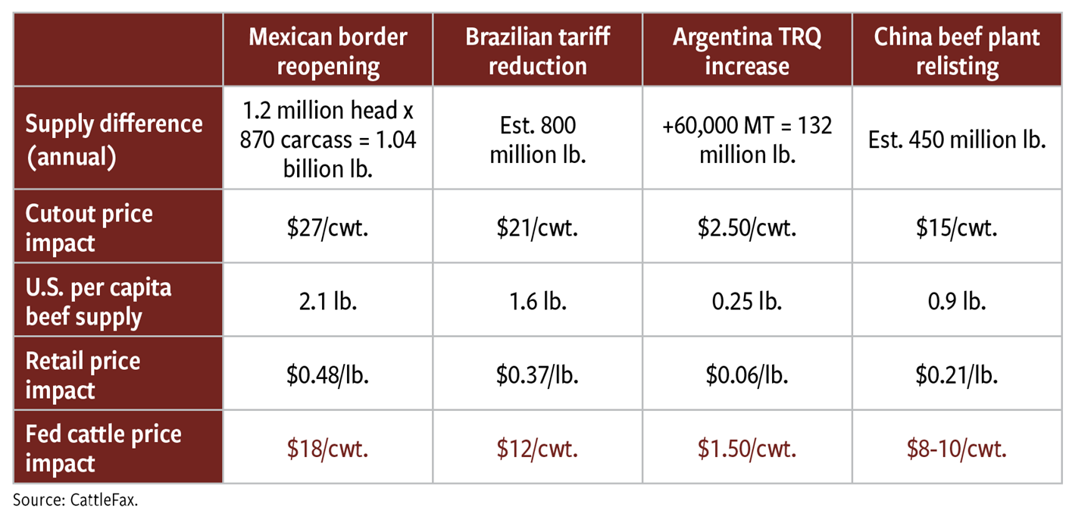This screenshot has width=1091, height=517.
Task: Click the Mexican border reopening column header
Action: coord(328,51)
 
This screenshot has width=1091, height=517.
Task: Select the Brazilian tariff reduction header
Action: coord(537,51)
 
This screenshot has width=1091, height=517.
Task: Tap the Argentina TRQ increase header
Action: coord(747,51)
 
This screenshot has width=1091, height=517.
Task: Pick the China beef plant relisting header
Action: coord(957,51)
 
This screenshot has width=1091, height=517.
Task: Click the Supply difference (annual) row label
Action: coord(114,138)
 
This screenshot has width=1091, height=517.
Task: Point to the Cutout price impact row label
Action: coord(89,227)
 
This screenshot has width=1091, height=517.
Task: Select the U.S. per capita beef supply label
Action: coord(98,301)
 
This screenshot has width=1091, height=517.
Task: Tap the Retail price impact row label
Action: coord(83,374)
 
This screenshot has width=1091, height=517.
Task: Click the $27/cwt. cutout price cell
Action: coord(328,227)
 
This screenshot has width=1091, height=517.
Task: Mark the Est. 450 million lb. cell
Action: coord(957,139)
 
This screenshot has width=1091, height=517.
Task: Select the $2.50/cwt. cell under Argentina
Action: coord(747,227)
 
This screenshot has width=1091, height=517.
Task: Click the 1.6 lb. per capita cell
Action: coord(537,301)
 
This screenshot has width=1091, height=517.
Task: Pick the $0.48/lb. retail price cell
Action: coord(328,374)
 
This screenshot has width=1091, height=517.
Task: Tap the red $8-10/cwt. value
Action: coord(957,448)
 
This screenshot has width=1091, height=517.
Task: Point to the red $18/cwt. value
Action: coord(328,448)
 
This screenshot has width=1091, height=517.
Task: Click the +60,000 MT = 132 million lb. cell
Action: coord(747,138)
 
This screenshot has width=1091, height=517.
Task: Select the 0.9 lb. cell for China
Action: coord(957,301)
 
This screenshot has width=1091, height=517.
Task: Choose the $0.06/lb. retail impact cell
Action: coord(747,374)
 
